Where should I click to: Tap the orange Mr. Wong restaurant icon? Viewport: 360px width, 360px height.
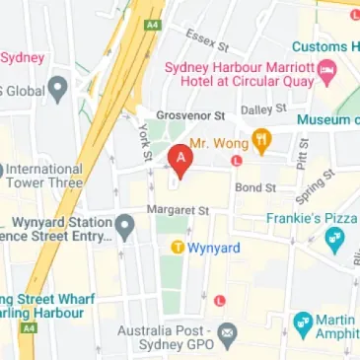click(261, 142)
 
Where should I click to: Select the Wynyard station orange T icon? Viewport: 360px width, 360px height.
click(178, 248)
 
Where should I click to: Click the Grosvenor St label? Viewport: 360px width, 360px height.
click(185, 114)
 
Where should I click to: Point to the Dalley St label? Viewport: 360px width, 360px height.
click(263, 108)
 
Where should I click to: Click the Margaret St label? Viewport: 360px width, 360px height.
click(178, 210)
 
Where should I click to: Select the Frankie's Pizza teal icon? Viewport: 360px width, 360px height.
click(335, 238)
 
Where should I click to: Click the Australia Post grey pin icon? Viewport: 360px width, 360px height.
click(228, 333)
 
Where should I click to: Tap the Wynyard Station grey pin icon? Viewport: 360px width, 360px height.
click(125, 229)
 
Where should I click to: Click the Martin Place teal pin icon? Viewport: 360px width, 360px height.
click(304, 324)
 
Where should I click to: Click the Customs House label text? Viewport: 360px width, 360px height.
click(330, 46)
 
